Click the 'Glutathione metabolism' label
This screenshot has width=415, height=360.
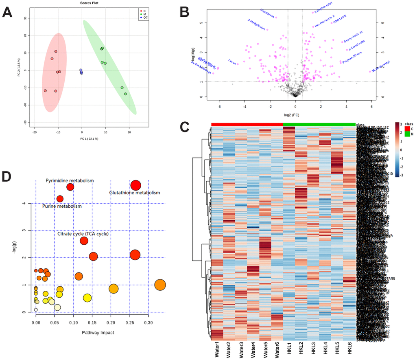click(x=135, y=193)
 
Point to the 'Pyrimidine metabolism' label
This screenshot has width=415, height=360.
click(x=70, y=180)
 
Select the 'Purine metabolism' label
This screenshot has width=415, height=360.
click(x=62, y=206)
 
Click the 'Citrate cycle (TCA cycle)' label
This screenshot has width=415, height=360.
click(x=83, y=234)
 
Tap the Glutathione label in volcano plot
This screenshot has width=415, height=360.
click(x=268, y=13)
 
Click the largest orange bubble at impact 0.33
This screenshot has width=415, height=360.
click(x=160, y=285)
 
